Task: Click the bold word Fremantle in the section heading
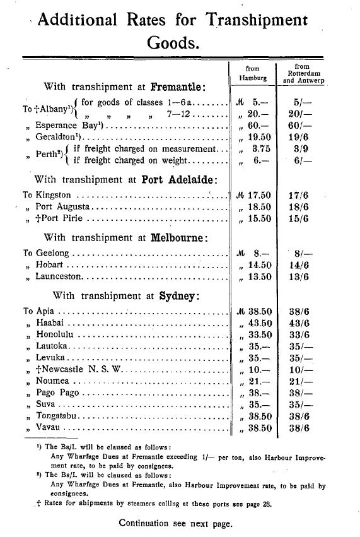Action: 182,86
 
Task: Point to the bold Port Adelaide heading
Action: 180,179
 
